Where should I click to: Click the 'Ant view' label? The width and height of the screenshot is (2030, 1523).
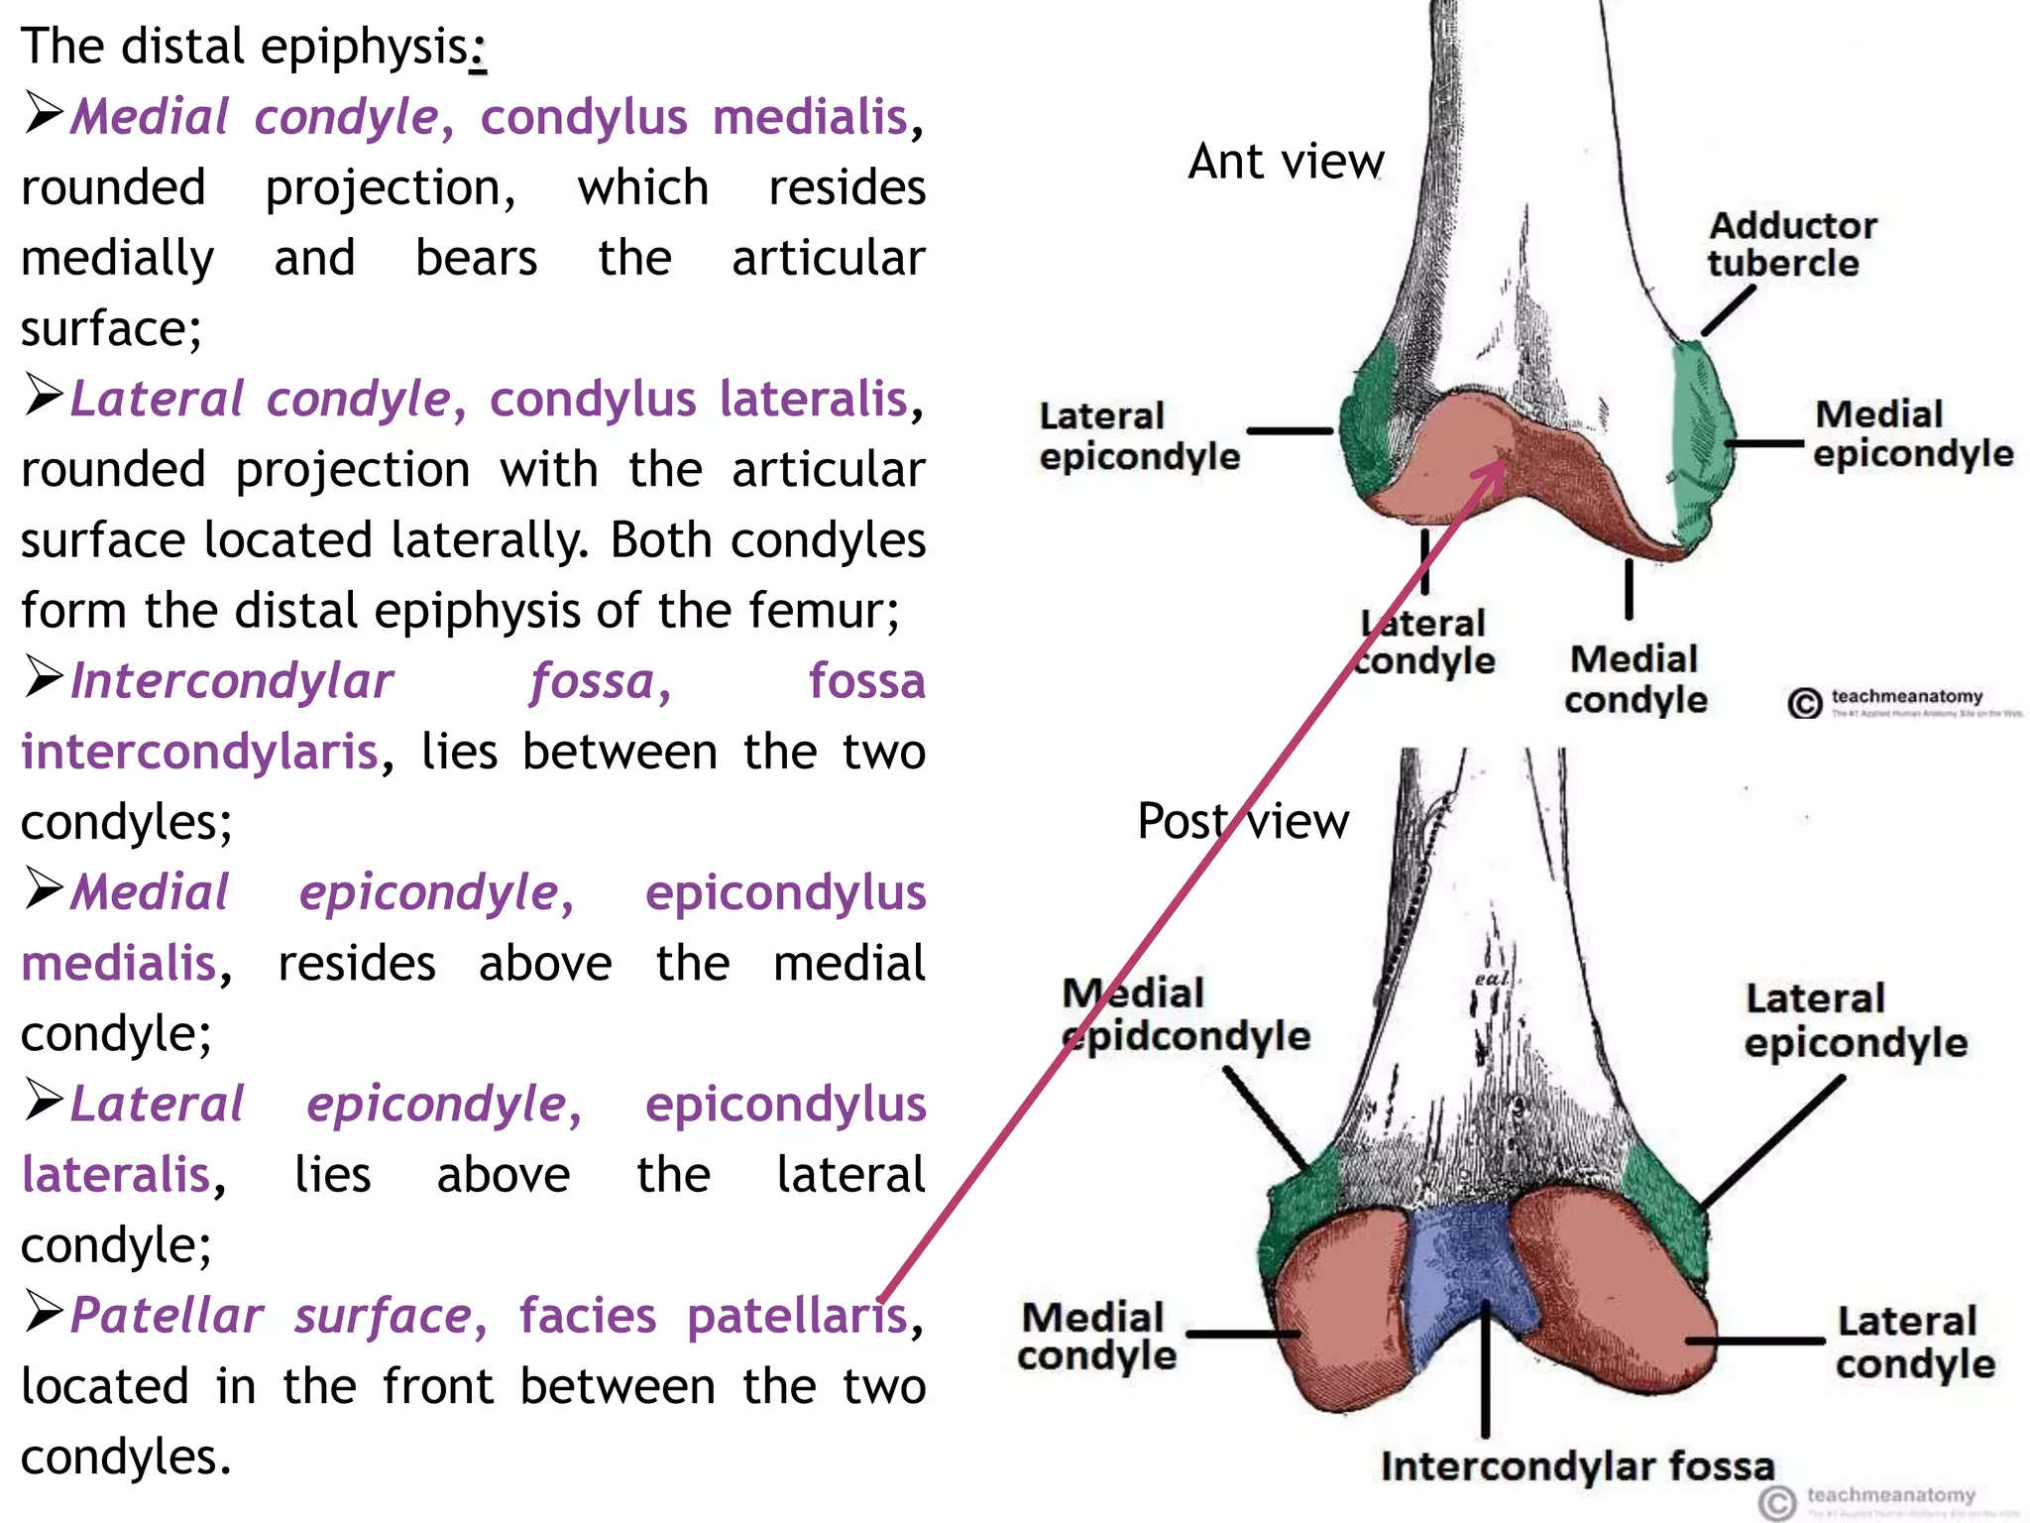click(x=1286, y=162)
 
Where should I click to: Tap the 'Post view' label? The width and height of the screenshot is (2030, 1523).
click(x=1243, y=821)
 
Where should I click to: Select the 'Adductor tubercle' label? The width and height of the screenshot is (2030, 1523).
click(x=1791, y=244)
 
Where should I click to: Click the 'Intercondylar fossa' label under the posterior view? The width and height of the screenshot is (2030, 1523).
click(x=1577, y=1465)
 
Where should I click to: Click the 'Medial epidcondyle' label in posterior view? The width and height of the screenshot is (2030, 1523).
click(x=1184, y=1014)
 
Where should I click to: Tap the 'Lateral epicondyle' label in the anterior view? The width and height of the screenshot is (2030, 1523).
click(x=1138, y=436)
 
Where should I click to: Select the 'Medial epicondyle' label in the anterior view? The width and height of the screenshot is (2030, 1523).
click(x=1912, y=433)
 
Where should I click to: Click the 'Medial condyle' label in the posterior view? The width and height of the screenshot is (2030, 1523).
click(x=1096, y=1337)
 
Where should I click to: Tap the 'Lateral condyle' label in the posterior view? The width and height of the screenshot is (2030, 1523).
click(x=1914, y=1342)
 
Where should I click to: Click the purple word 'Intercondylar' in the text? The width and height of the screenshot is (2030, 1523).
click(x=232, y=681)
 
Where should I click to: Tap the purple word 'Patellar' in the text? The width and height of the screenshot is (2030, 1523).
click(x=167, y=1316)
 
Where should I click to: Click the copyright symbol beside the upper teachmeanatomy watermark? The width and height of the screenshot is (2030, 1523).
click(x=1804, y=702)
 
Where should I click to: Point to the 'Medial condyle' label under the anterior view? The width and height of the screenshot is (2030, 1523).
click(x=1635, y=678)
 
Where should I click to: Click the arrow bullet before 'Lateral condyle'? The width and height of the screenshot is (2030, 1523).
click(x=44, y=396)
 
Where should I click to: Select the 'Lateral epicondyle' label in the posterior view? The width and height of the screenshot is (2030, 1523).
click(x=1855, y=1020)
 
